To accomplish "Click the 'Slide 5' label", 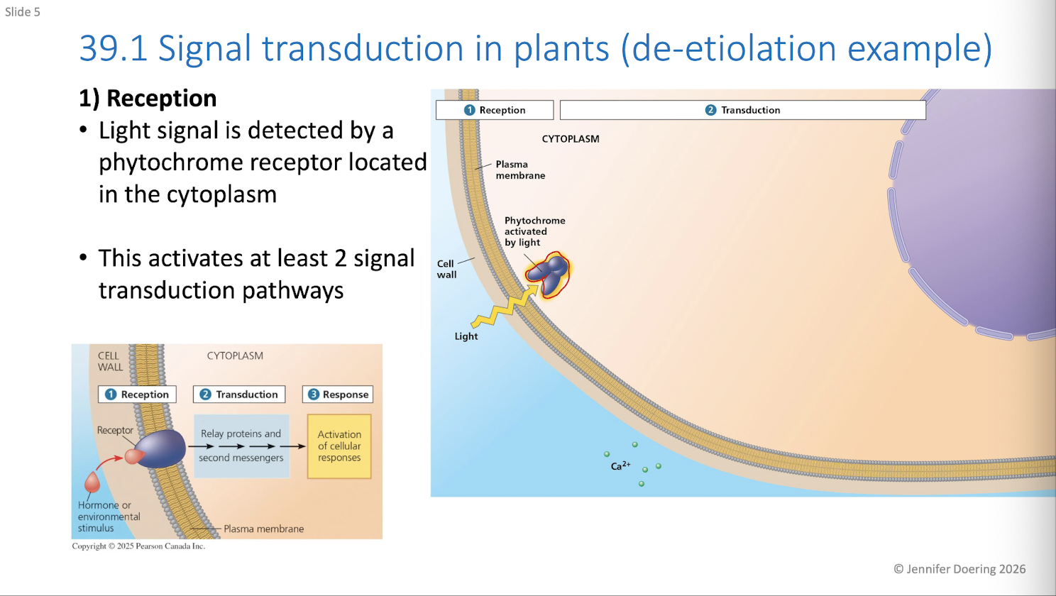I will coord(23,12).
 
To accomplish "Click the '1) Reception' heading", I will coord(148,99).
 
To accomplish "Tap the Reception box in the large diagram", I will coord(495,110).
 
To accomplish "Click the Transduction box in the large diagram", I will coord(742,110).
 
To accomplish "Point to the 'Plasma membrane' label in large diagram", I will coord(520,170).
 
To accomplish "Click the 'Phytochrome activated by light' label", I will coord(534,231).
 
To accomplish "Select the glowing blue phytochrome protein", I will coord(548,275).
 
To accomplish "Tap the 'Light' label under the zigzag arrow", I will coord(466,336).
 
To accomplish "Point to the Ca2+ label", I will coord(620,466).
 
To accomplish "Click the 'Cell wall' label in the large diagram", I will coord(446,269).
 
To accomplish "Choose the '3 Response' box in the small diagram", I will coord(338,394).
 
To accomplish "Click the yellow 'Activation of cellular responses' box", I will coord(339,446).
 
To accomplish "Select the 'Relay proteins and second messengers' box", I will coord(241,446).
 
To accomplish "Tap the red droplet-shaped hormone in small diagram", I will coord(92,482).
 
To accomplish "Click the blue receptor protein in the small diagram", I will coord(160,448).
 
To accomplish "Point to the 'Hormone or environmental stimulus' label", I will coord(109,517).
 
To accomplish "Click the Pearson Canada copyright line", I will coord(138,546).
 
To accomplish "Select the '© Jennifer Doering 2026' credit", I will coord(959,569).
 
